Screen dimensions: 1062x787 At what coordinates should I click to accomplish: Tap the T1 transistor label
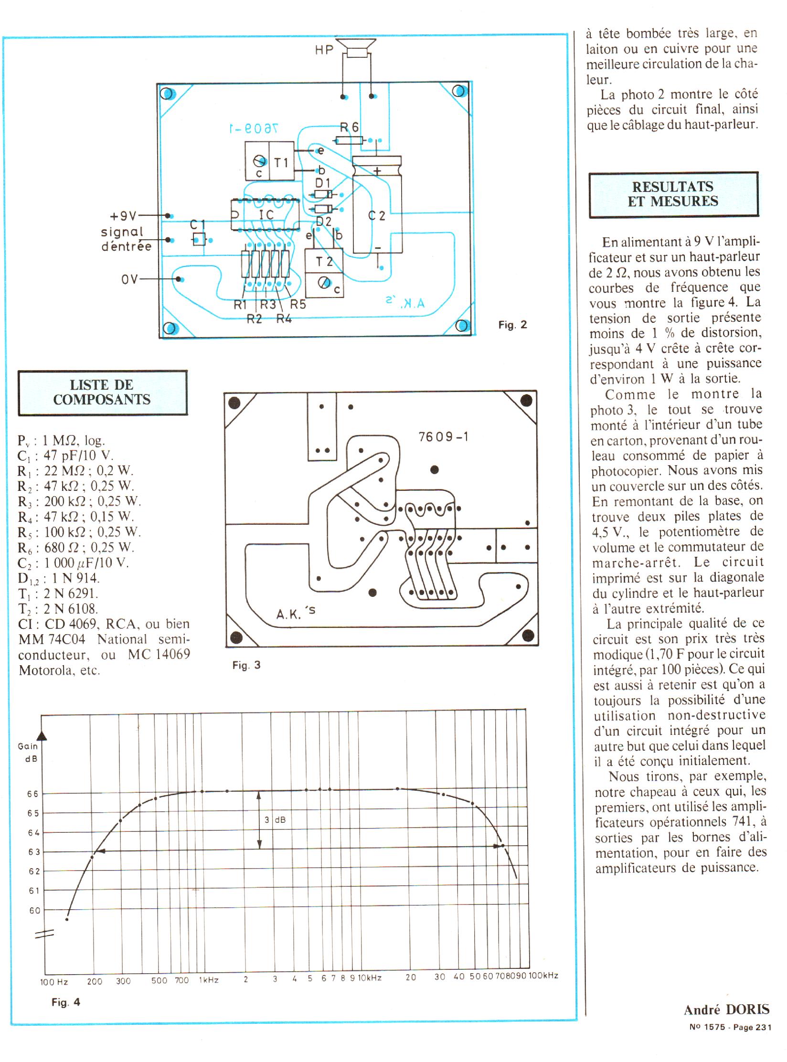(281, 162)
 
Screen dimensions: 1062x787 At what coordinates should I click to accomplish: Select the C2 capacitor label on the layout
(376, 216)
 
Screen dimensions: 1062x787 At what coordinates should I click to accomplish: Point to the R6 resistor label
(349, 127)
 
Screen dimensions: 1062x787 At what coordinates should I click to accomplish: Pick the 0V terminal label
(129, 279)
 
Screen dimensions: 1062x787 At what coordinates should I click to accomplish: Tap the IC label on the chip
(266, 215)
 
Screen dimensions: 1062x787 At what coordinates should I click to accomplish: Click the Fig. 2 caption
(512, 325)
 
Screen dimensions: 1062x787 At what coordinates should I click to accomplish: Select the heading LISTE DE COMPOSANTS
(102, 393)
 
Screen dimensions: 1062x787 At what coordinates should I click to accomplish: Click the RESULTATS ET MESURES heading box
(673, 194)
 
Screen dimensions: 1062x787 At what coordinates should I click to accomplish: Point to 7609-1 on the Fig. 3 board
(443, 437)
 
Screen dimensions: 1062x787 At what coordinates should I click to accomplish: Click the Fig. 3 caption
(246, 665)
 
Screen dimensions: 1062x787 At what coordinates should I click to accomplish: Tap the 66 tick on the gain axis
(33, 794)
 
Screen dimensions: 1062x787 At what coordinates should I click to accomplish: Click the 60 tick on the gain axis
(34, 911)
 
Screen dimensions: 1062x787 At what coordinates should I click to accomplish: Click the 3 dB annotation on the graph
(275, 820)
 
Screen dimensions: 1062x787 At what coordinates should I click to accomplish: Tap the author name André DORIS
(726, 1023)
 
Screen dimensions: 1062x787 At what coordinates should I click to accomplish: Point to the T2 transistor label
(324, 262)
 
